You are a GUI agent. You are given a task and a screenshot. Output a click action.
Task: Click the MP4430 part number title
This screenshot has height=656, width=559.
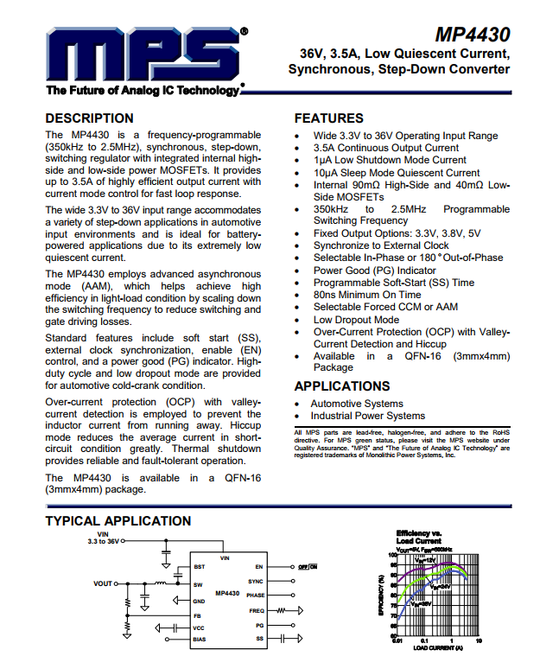tap(473, 35)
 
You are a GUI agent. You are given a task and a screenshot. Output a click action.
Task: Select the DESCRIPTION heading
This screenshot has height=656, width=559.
tap(89, 118)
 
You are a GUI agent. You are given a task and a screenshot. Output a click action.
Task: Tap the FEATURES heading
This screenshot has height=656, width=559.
tap(328, 118)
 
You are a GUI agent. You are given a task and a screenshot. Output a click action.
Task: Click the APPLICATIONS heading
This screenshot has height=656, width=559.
tap(342, 386)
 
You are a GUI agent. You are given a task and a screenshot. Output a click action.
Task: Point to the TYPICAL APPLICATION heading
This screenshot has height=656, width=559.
tap(118, 521)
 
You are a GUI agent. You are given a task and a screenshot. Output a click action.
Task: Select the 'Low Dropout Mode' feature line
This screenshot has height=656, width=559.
tap(356, 320)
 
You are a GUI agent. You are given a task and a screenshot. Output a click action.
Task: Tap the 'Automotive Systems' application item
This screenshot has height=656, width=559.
tap(357, 404)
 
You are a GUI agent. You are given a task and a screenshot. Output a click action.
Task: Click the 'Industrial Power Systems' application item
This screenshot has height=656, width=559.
tap(368, 416)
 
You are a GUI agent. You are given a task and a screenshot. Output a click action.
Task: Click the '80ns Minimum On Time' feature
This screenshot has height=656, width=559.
tap(367, 295)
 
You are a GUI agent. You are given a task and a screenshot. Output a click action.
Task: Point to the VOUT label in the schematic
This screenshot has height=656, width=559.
tap(104, 583)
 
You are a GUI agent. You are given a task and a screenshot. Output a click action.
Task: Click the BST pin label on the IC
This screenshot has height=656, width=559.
tap(200, 567)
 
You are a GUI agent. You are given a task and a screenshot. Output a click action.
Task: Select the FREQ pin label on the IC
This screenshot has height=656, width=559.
tap(257, 610)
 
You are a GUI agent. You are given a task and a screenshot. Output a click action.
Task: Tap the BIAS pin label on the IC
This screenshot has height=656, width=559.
tap(200, 639)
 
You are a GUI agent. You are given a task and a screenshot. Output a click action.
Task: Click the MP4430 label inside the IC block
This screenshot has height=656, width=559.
tap(228, 594)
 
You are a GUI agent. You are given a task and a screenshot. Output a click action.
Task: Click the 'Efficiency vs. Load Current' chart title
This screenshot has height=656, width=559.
tap(419, 537)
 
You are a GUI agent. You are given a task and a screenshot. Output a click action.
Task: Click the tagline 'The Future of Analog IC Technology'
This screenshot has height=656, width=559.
tap(144, 91)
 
